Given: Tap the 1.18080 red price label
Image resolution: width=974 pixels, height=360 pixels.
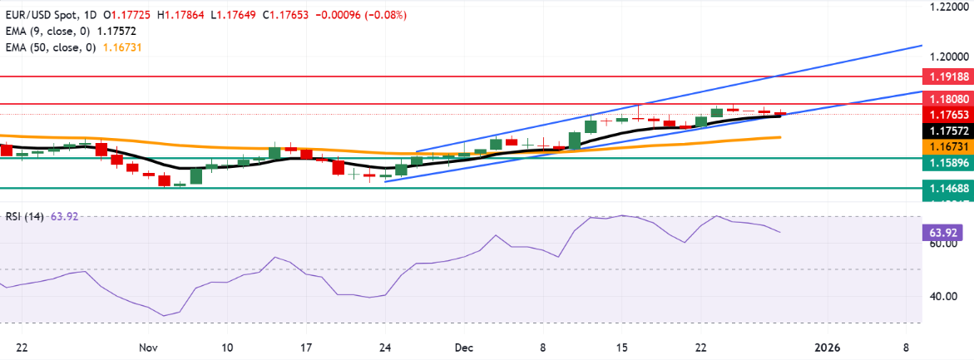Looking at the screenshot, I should (948, 99).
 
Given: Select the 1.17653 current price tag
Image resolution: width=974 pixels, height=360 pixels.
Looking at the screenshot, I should (948, 115).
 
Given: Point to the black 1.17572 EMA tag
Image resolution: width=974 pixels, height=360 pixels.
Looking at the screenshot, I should (948, 131).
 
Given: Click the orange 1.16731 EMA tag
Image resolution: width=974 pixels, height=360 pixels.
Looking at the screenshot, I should (948, 145).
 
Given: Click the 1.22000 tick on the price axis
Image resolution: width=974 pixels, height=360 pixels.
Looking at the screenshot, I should (948, 7).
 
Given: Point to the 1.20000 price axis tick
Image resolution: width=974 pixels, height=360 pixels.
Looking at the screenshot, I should (948, 57).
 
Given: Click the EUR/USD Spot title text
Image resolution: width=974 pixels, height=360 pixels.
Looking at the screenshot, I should (42, 14).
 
